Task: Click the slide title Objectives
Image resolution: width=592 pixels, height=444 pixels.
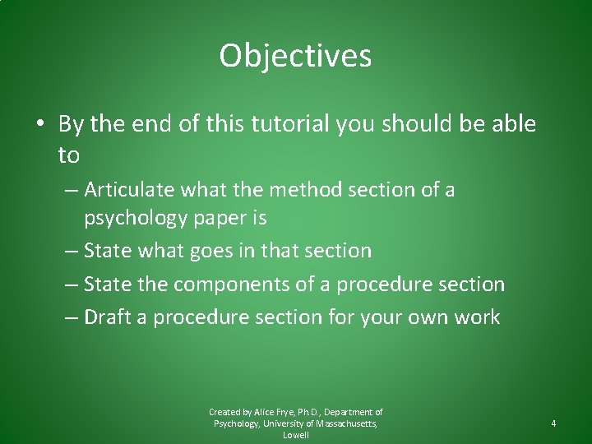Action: (295, 57)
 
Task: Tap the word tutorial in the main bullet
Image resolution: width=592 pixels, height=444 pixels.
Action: (292, 124)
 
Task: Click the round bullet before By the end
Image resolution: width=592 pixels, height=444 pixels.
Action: (39, 125)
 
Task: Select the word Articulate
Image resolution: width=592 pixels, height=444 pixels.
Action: (129, 190)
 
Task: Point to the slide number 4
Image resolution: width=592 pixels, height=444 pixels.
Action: (553, 423)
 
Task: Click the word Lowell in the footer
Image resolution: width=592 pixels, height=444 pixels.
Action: (295, 435)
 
